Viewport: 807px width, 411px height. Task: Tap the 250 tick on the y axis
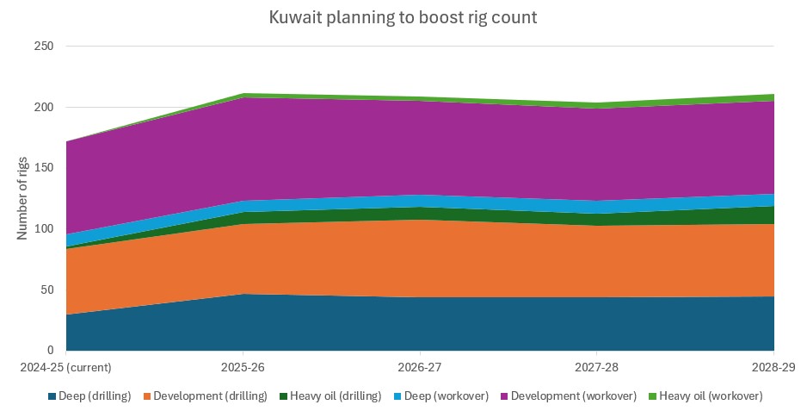point(44,47)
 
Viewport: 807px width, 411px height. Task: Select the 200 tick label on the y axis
point(44,108)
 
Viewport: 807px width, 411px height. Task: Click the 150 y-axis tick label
point(44,168)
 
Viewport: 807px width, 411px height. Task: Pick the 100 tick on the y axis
point(44,229)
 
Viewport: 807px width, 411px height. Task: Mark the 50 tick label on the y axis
point(47,290)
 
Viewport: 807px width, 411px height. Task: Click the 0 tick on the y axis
point(51,351)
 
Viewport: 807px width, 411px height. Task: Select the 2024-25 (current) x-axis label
point(65,367)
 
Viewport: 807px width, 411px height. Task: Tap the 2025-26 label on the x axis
point(243,367)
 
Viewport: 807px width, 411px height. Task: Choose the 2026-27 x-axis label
point(420,367)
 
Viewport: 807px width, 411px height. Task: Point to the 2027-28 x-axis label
point(597,367)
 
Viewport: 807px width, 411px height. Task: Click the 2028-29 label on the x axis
point(773,367)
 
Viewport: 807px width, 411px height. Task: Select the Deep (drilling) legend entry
point(95,396)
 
